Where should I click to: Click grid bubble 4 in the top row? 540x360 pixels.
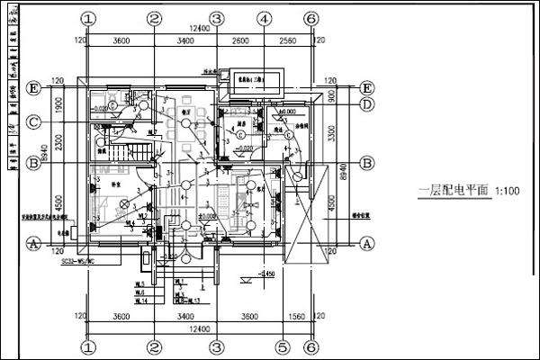[x=262, y=18]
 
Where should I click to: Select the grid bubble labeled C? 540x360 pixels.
[x=33, y=121]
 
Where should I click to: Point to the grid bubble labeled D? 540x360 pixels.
[x=367, y=104]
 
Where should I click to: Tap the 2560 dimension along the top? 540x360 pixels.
[x=286, y=40]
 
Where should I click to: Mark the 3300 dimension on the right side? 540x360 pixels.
[x=333, y=135]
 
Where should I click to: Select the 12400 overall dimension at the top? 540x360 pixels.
[x=200, y=31]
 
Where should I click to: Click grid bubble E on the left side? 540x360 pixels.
[x=33, y=88]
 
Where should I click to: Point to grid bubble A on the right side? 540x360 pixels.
[x=367, y=243]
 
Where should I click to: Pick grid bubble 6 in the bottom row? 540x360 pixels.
[x=310, y=346]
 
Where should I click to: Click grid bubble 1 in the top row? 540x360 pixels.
[x=88, y=18]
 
